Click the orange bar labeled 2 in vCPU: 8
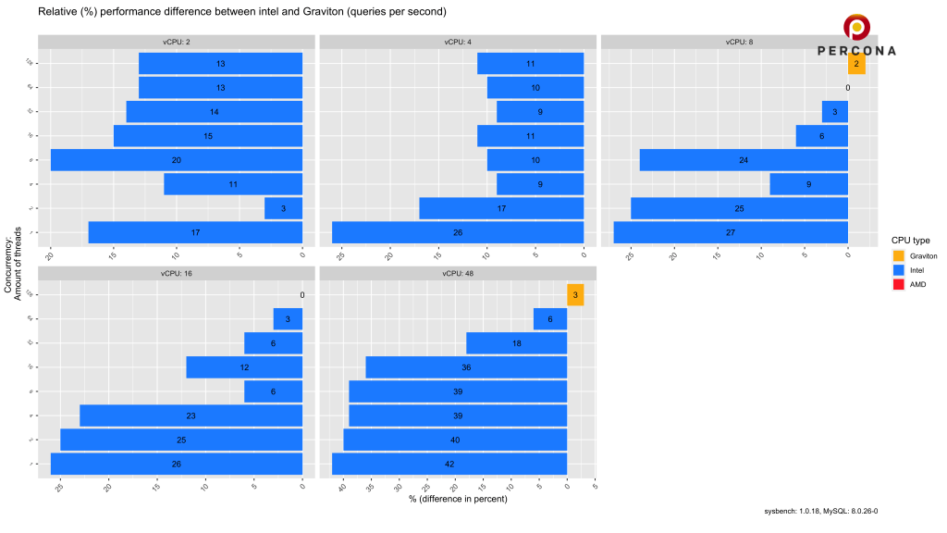[x=856, y=64]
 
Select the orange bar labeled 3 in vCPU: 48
[x=575, y=295]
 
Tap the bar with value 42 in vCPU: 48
[x=449, y=464]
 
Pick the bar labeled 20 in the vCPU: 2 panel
[x=177, y=160]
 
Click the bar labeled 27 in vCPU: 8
[x=731, y=232]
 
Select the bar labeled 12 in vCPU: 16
[x=244, y=367]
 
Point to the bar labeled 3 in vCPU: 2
[x=283, y=208]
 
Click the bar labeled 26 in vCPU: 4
[x=458, y=232]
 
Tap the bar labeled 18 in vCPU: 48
[x=516, y=343]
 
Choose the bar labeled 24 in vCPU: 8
[x=744, y=160]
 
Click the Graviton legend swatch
[x=898, y=255]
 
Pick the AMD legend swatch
[x=898, y=284]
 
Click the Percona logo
[x=856, y=36]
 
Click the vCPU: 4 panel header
[x=457, y=41]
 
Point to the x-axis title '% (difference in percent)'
[x=457, y=500]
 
